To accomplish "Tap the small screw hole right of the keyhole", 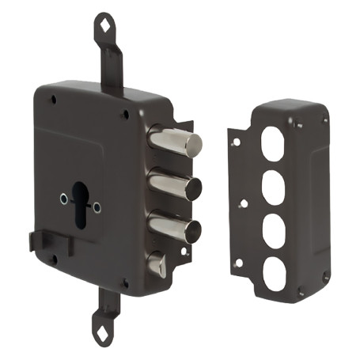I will coord(97,208).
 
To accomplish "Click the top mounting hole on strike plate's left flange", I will coord(234,143).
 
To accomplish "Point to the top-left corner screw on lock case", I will coord(51,100).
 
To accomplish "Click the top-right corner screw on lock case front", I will coord(125,115).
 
